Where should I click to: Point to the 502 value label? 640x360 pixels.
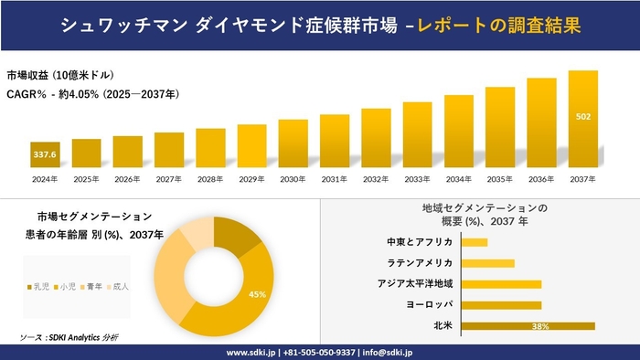pyautogui.click(x=582, y=117)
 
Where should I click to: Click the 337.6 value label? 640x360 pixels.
pyautogui.click(x=45, y=155)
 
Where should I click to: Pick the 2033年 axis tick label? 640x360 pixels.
pyautogui.click(x=417, y=178)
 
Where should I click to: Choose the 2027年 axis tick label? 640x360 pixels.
pyautogui.click(x=169, y=178)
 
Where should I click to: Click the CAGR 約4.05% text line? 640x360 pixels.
pyautogui.click(x=92, y=94)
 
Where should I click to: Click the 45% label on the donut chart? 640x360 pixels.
pyautogui.click(x=257, y=294)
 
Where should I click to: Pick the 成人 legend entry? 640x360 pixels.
pyautogui.click(x=119, y=287)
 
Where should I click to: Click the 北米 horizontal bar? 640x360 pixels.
pyautogui.click(x=528, y=325)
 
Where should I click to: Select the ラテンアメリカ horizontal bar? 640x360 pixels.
pyautogui.click(x=488, y=263)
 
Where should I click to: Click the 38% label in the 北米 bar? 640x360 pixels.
pyautogui.click(x=539, y=326)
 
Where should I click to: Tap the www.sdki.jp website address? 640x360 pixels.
pyautogui.click(x=251, y=352)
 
